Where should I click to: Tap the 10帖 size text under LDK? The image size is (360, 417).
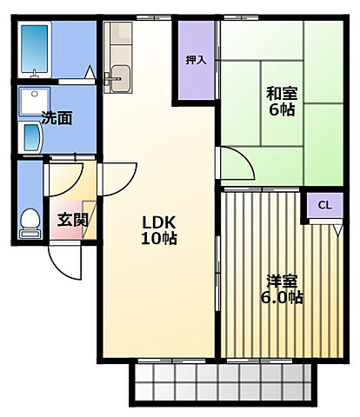pyautogui.click(x=160, y=237)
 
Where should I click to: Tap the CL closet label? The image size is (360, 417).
pyautogui.click(x=324, y=205)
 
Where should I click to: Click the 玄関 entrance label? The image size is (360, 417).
pyautogui.click(x=72, y=220)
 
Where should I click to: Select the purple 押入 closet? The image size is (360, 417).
pyautogui.click(x=197, y=74)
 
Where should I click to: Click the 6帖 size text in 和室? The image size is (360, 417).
pyautogui.click(x=279, y=110)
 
